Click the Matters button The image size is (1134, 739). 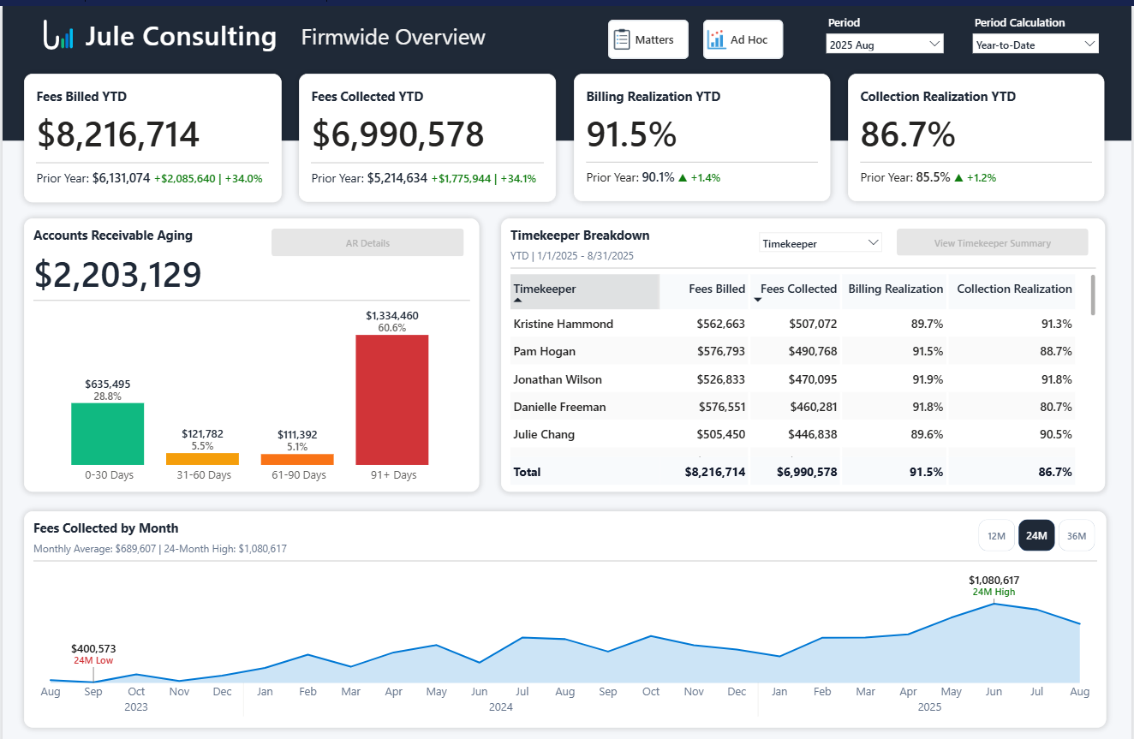point(648,39)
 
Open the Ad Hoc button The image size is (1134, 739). point(743,39)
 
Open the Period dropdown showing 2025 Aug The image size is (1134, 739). point(885,45)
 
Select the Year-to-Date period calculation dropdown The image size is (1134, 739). point(1036,45)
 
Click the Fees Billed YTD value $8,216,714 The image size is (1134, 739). point(118,135)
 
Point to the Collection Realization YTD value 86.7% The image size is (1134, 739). point(907,135)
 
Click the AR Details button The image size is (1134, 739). point(367,243)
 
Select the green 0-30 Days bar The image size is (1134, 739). point(107,433)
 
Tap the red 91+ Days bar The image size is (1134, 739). point(391,399)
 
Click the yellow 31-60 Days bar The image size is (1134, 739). point(202,459)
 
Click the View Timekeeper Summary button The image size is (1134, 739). point(992,243)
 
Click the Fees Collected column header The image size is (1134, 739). point(798,289)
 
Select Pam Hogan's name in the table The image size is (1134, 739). point(544,351)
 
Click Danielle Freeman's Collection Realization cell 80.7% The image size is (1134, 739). point(1054,407)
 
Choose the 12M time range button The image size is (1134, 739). point(996,536)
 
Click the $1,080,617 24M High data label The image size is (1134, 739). point(994,581)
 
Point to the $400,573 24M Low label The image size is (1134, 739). point(93,649)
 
